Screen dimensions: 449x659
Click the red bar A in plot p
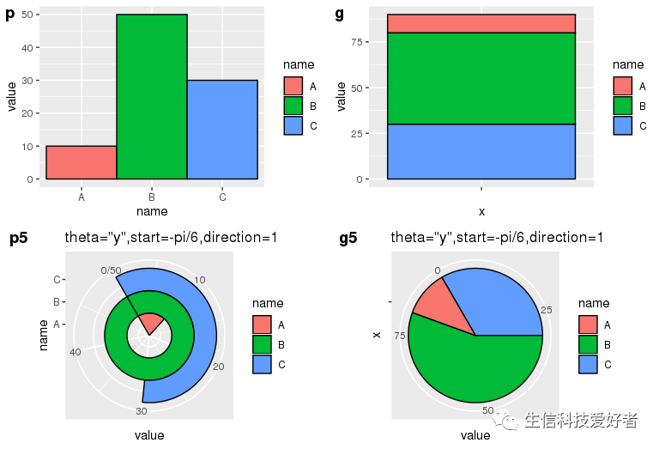click(81, 162)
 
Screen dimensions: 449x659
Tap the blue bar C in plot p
click(222, 130)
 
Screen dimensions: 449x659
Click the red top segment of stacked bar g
click(481, 23)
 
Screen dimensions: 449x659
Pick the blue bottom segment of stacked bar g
click(481, 151)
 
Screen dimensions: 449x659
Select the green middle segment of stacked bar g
click(481, 78)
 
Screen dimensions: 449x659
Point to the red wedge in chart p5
click(150, 324)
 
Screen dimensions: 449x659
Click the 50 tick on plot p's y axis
click(29, 15)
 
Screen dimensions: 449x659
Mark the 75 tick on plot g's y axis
click(359, 42)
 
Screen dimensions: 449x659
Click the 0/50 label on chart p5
click(111, 270)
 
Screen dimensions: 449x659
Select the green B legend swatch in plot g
click(622, 106)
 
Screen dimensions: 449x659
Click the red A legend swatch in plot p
click(293, 86)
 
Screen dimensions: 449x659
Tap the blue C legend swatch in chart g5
click(588, 364)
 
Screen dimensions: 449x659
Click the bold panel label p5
click(18, 239)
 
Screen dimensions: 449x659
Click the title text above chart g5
click(497, 238)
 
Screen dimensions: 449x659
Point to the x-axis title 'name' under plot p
click(152, 211)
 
